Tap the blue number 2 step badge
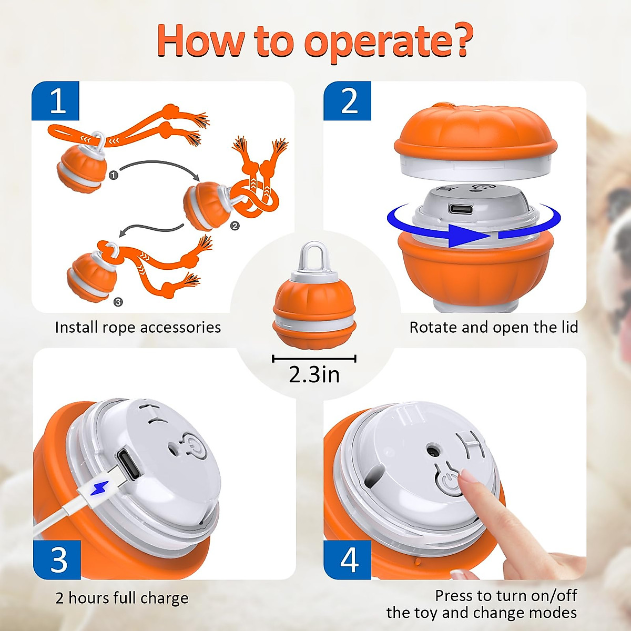348,100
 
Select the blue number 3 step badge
57,559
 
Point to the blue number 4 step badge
348,559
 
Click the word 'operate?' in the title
388,42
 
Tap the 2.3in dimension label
314,374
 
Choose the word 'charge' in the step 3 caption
164,598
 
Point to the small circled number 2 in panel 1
235,226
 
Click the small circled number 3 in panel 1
118,301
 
